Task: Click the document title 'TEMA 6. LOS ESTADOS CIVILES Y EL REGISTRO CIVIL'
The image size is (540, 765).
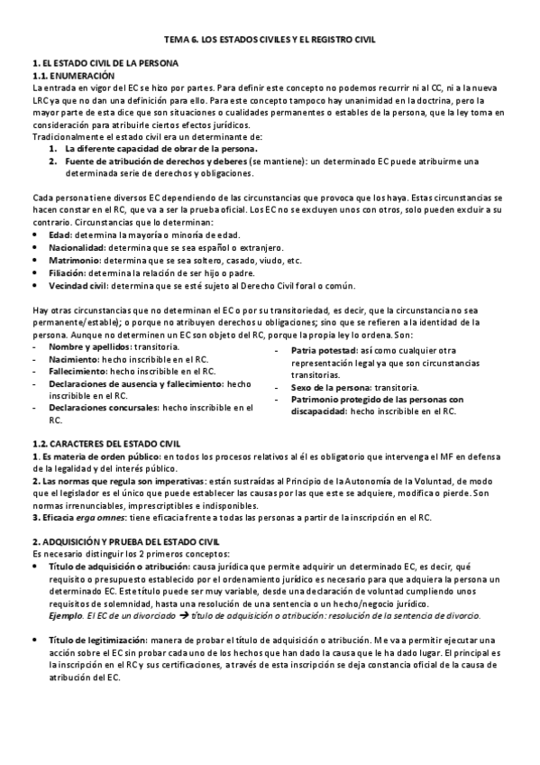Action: (270, 41)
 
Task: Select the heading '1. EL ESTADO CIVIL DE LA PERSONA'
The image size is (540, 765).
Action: (105, 65)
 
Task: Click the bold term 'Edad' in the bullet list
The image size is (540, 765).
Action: (60, 235)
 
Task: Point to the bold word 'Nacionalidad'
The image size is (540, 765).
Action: (76, 247)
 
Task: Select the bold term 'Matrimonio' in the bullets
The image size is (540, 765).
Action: (73, 260)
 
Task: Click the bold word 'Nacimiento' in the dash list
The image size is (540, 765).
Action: (74, 359)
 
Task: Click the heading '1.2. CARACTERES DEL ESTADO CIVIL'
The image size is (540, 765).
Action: (105, 444)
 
